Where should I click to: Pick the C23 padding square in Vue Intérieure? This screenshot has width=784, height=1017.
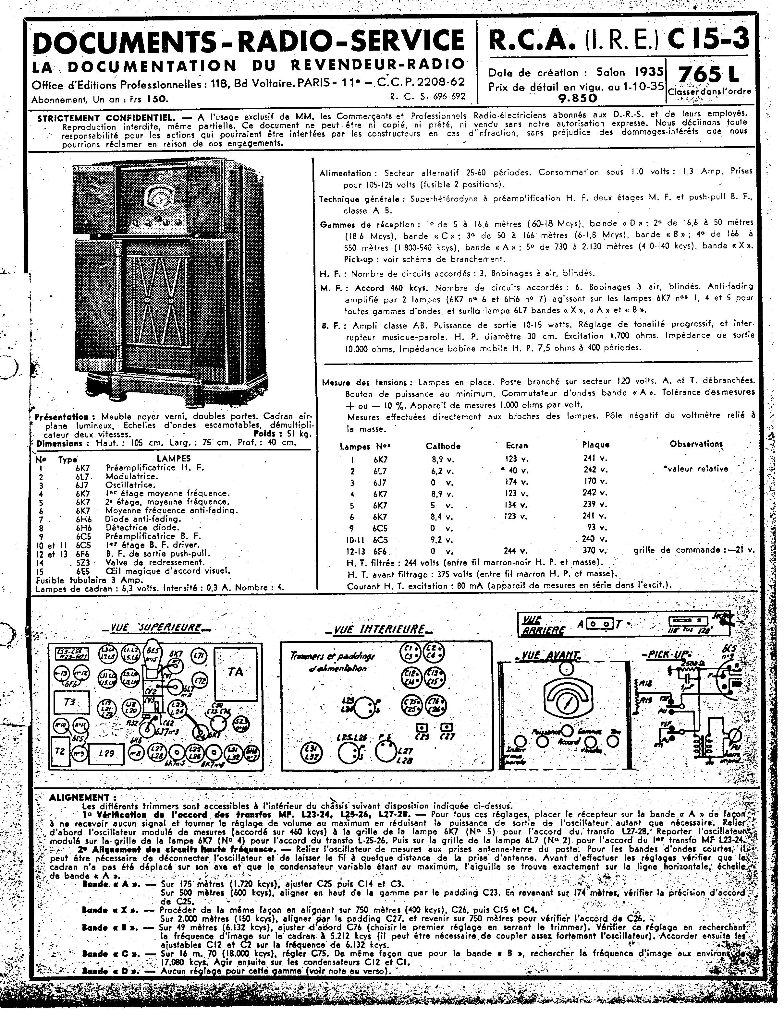[x=422, y=726]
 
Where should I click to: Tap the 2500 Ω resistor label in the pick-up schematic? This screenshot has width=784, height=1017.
[x=687, y=662]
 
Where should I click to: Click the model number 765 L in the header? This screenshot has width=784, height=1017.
[x=708, y=75]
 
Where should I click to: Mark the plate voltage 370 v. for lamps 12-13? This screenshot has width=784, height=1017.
[x=595, y=550]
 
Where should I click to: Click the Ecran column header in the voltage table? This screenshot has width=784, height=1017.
[x=517, y=446]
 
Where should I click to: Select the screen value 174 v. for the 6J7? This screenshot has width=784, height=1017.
[x=517, y=482]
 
